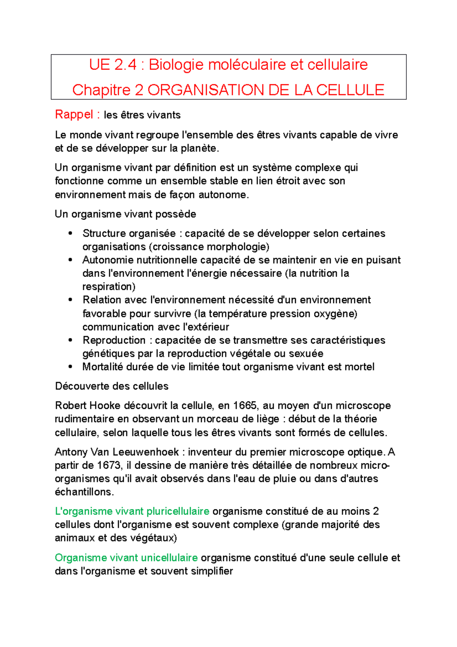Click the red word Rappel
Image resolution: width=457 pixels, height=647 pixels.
tap(74, 114)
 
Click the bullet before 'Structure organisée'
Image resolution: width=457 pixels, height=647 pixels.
tap(70, 233)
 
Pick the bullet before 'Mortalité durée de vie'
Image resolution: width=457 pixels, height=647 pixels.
tap(70, 367)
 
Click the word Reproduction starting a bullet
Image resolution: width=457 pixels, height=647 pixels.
tap(114, 340)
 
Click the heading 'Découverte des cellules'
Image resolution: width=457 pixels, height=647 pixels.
tap(112, 386)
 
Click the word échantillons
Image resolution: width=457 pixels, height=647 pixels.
tap(84, 492)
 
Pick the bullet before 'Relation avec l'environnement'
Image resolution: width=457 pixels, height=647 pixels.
tap(70, 300)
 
